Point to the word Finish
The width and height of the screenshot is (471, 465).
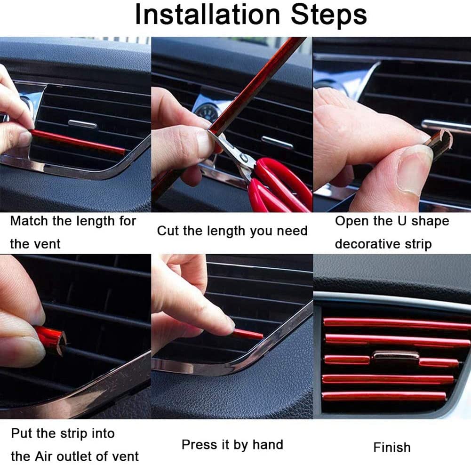point(391,447)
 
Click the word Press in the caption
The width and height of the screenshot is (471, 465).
point(195,444)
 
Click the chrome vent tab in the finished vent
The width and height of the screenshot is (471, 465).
point(396,356)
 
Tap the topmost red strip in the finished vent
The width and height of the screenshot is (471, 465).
point(395,323)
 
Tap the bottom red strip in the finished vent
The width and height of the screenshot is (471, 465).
point(383,396)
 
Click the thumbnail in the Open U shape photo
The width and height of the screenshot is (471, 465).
point(414,169)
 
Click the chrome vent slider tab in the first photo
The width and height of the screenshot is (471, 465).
point(82,124)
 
